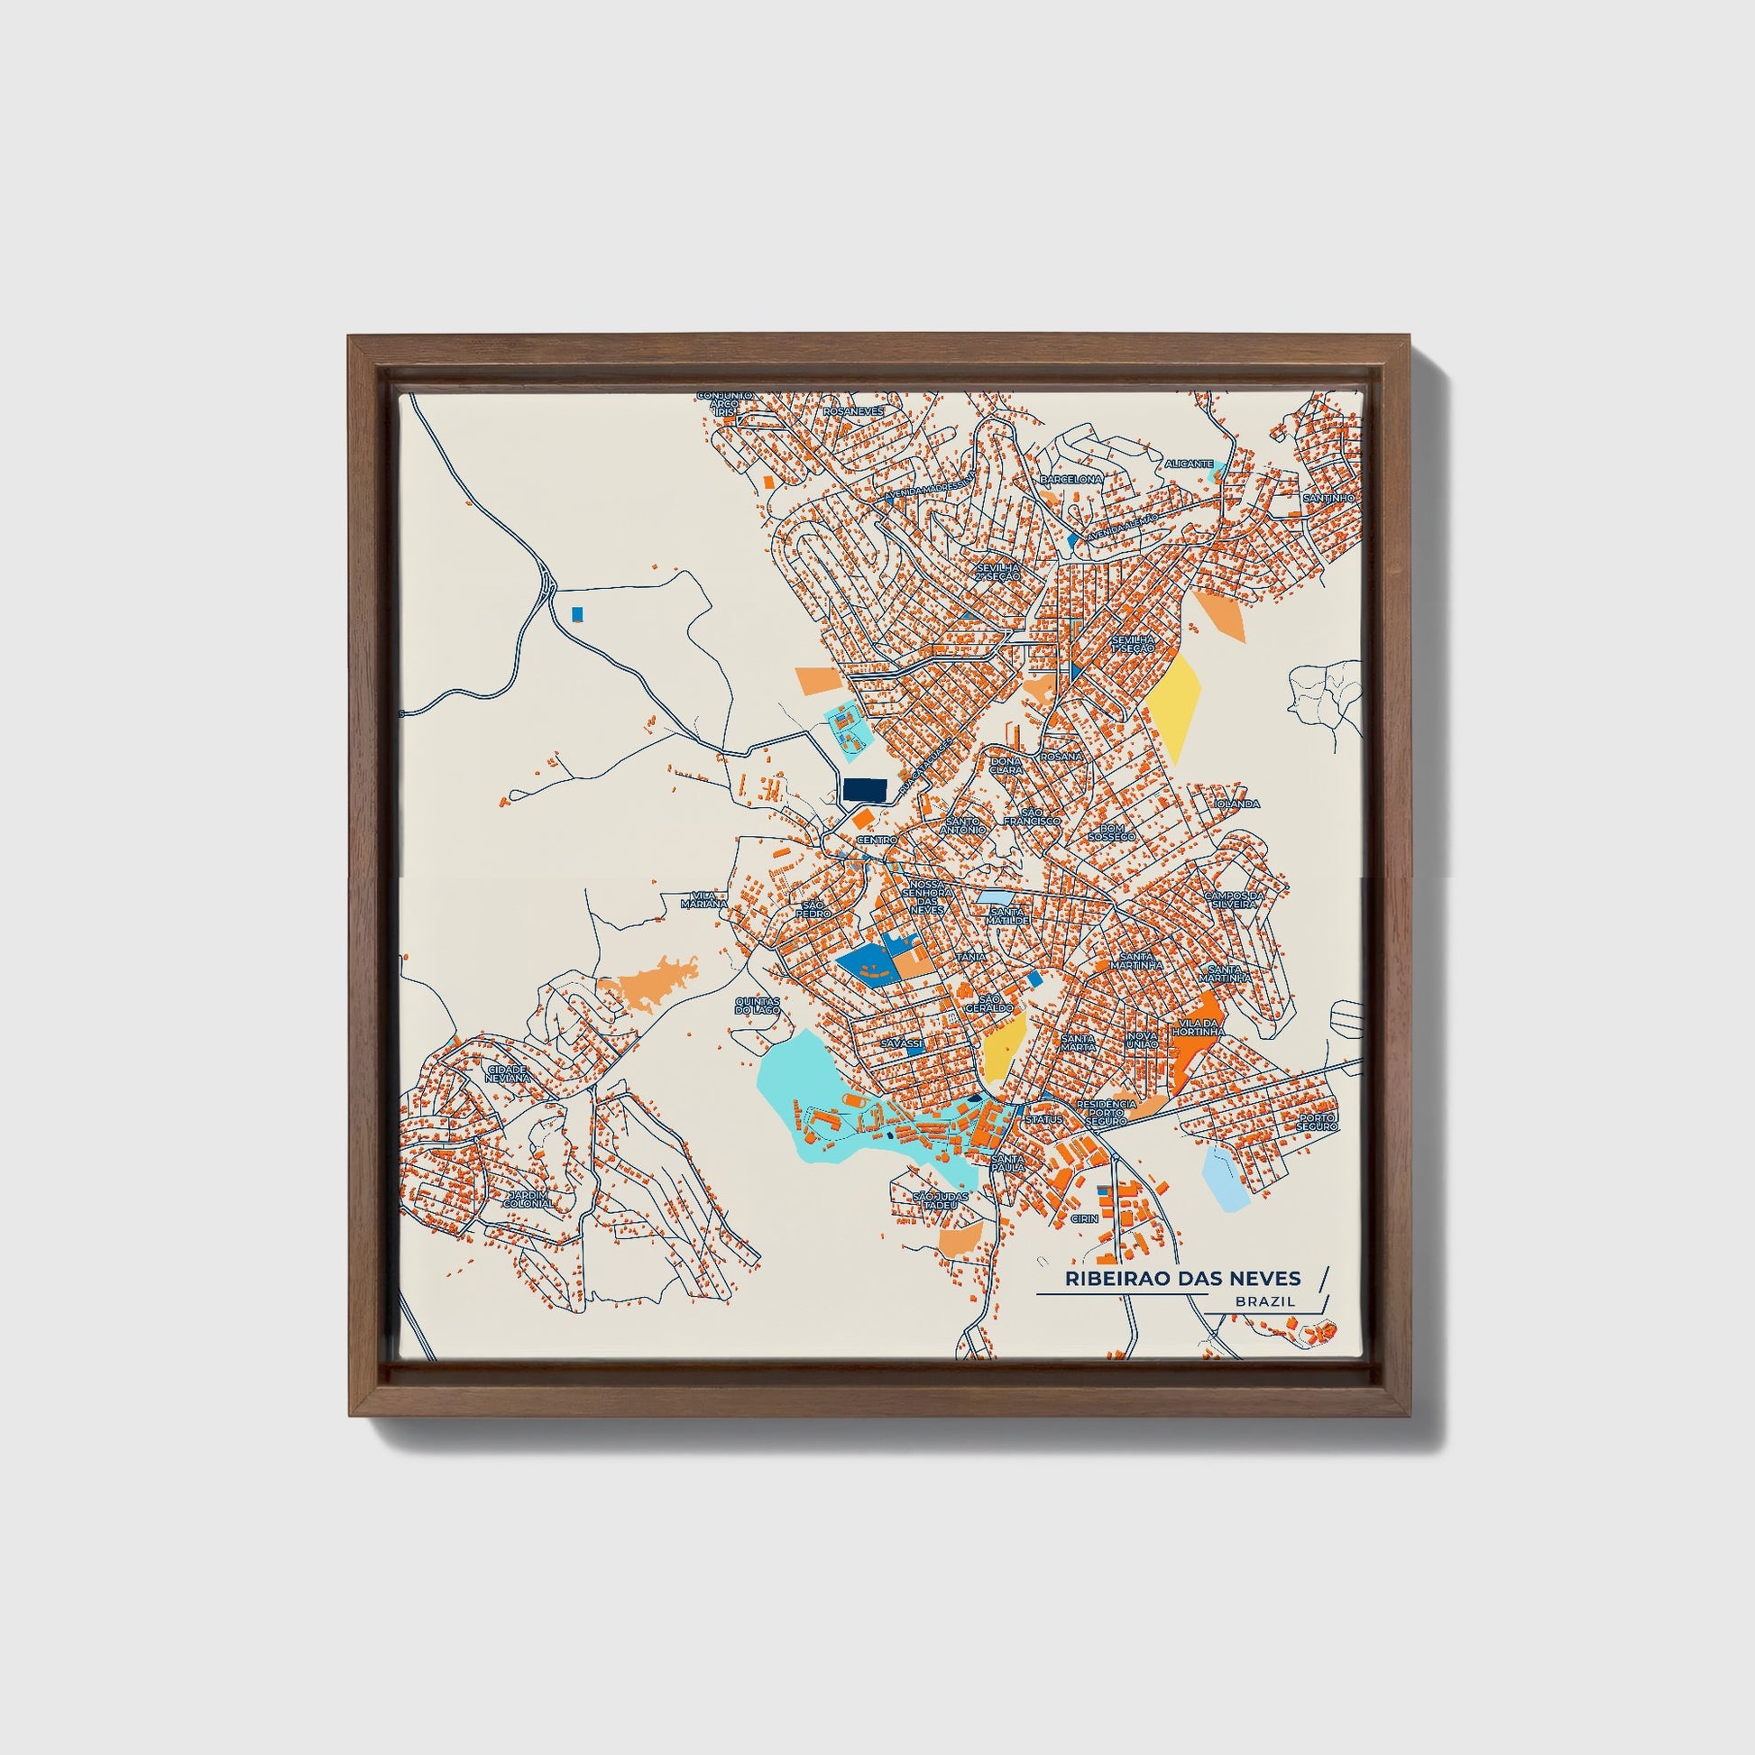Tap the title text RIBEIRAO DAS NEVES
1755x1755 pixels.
pos(1182,1279)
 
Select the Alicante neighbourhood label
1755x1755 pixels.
pos(1189,464)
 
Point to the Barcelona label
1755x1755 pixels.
pos(1071,479)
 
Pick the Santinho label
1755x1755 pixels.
pos(1328,499)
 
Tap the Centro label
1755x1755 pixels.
pos(877,841)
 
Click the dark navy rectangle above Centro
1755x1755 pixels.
pos(865,789)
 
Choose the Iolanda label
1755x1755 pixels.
pos(1237,804)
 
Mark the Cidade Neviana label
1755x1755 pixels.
pos(507,1074)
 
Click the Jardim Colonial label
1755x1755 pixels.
pos(528,1199)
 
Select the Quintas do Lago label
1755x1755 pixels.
pos(757,1005)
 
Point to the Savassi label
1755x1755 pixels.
pos(902,1044)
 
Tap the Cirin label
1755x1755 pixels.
pos(1085,1218)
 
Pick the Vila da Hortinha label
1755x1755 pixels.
pos(1199,1027)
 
